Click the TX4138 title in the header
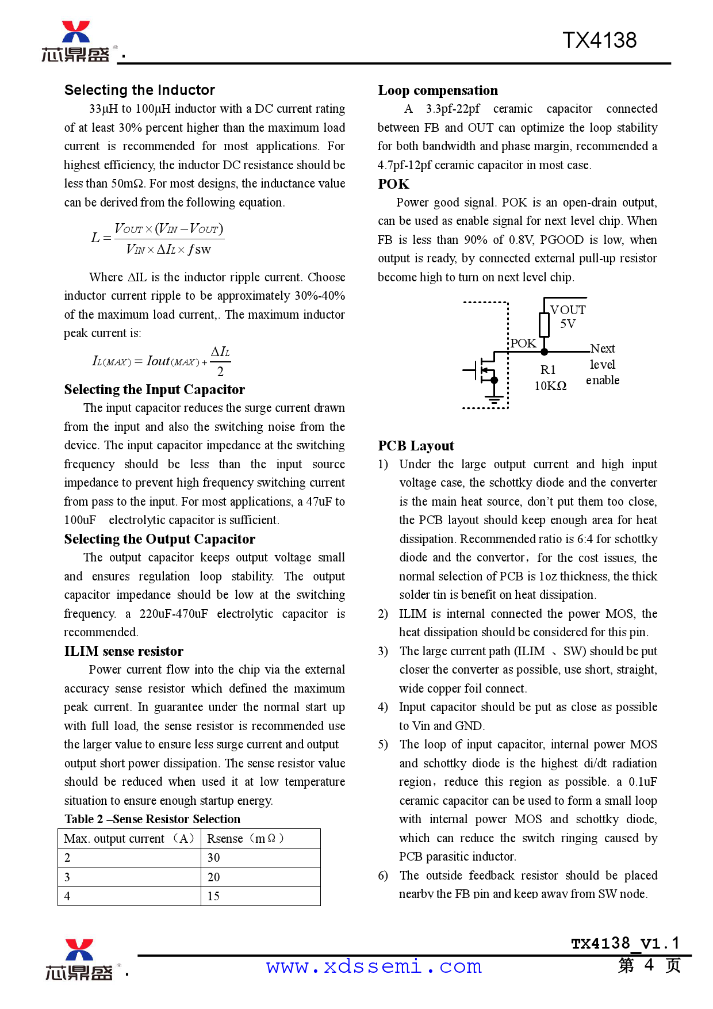point(599,40)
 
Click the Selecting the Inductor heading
point(140,90)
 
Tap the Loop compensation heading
point(438,90)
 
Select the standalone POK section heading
point(394,184)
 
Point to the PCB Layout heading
point(416,446)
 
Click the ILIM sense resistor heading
point(124,651)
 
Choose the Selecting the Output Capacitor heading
point(159,539)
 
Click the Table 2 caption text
point(152,819)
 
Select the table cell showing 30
point(214,858)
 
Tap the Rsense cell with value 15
point(214,896)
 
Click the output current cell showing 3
point(67,877)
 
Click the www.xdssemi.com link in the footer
point(374,966)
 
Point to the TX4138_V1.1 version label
point(625,943)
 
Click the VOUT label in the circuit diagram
point(568,310)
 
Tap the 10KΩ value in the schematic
point(550,386)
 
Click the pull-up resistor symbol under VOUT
point(544,325)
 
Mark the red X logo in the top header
point(76,32)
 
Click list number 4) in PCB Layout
point(383,707)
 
